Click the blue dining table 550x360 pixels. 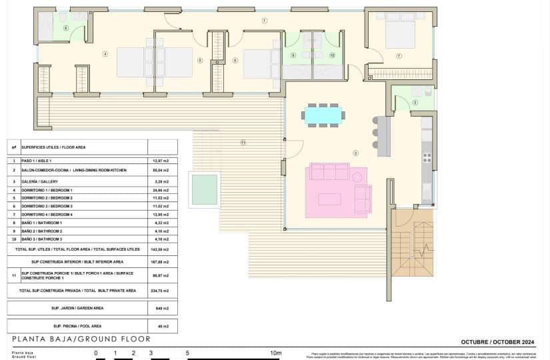tap(323, 115)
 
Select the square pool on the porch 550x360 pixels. tap(204, 189)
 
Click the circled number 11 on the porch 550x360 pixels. tap(243, 142)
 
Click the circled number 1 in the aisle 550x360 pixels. tap(265, 21)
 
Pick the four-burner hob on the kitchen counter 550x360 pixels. tap(427, 157)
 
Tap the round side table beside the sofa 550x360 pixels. tap(357, 177)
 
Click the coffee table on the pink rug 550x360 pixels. tap(329, 199)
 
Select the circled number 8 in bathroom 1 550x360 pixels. tap(65, 27)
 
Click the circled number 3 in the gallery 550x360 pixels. tap(415, 102)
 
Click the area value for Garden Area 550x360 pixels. tap(161, 308)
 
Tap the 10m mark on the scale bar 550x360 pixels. tap(275, 353)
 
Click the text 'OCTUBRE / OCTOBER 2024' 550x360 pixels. tap(498, 341)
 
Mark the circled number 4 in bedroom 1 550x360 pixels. tap(105, 54)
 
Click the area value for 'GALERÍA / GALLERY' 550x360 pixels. tap(161, 181)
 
